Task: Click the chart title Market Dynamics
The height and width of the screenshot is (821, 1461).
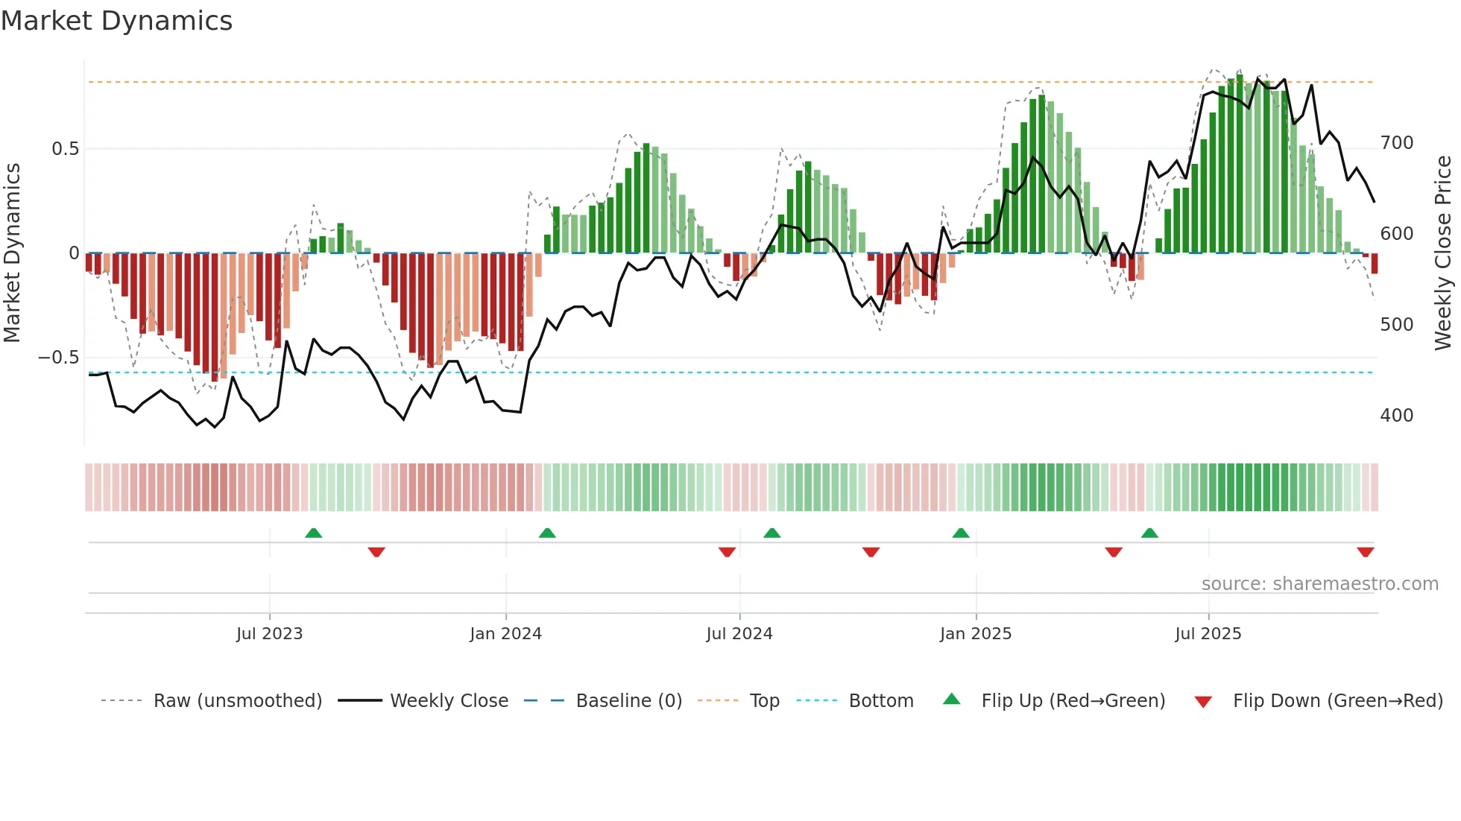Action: (x=117, y=21)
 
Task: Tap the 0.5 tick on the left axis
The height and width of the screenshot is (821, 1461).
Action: (x=65, y=149)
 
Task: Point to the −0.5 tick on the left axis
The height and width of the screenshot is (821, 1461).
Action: (x=59, y=358)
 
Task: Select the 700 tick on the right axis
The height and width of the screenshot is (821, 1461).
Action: (x=1396, y=143)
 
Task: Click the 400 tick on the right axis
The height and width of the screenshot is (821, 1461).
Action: (x=1396, y=416)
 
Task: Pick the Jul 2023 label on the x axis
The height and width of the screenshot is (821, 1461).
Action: (x=269, y=634)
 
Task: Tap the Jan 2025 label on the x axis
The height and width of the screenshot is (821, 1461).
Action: (x=975, y=634)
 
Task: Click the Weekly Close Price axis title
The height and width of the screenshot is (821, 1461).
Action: (x=1443, y=253)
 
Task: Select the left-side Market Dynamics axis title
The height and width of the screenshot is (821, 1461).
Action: (x=12, y=253)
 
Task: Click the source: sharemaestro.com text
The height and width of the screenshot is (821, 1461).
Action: (x=1319, y=584)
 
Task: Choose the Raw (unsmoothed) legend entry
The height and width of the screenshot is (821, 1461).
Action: (x=237, y=701)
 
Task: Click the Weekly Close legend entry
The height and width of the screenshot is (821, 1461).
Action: (x=449, y=701)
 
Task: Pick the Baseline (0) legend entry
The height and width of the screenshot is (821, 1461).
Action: (x=628, y=701)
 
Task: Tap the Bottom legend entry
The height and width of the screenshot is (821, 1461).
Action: (x=880, y=701)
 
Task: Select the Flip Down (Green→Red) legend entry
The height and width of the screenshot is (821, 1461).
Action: (x=1337, y=701)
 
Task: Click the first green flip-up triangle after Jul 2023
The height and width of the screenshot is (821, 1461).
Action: (x=313, y=533)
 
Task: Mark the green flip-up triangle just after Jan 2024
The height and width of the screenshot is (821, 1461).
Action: (x=547, y=533)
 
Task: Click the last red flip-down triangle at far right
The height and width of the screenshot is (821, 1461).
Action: (x=1365, y=552)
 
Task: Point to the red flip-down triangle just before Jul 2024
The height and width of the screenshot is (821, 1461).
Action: (x=727, y=552)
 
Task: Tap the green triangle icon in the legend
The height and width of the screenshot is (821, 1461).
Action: (x=952, y=700)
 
